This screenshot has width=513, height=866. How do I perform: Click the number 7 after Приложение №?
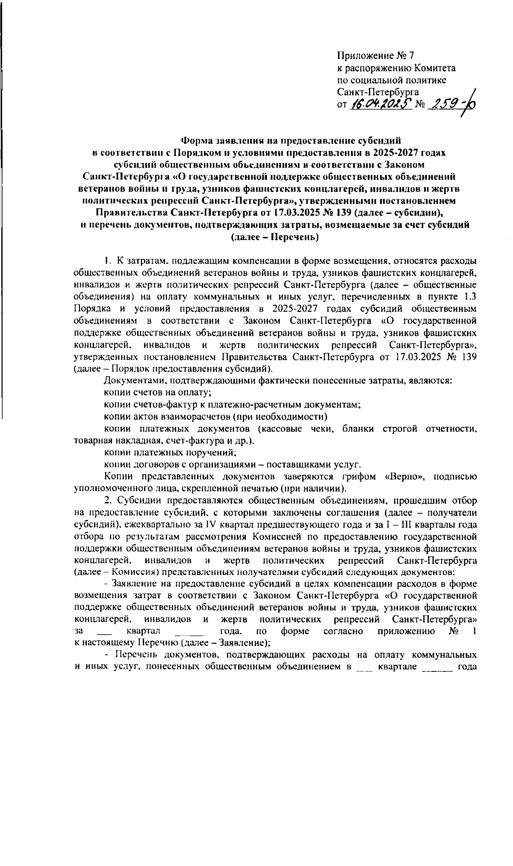click(411, 56)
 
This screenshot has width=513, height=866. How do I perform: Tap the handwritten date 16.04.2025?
click(381, 104)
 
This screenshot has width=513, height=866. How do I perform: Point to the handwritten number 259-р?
click(453, 104)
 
